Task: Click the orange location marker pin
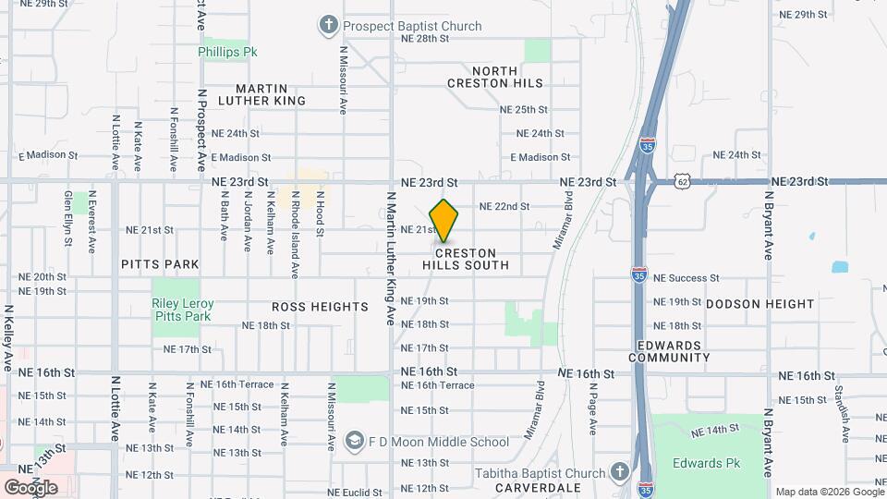tap(444, 221)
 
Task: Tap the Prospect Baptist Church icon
tap(328, 25)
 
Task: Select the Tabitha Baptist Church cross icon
tap(619, 472)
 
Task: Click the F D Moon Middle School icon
tap(354, 441)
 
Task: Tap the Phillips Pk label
tap(227, 52)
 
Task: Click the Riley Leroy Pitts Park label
tap(183, 310)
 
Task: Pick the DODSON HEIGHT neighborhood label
tap(760, 303)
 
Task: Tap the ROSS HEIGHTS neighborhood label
tap(320, 306)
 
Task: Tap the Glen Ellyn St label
tap(69, 218)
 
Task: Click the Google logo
tap(30, 487)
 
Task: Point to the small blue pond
tap(839, 267)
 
